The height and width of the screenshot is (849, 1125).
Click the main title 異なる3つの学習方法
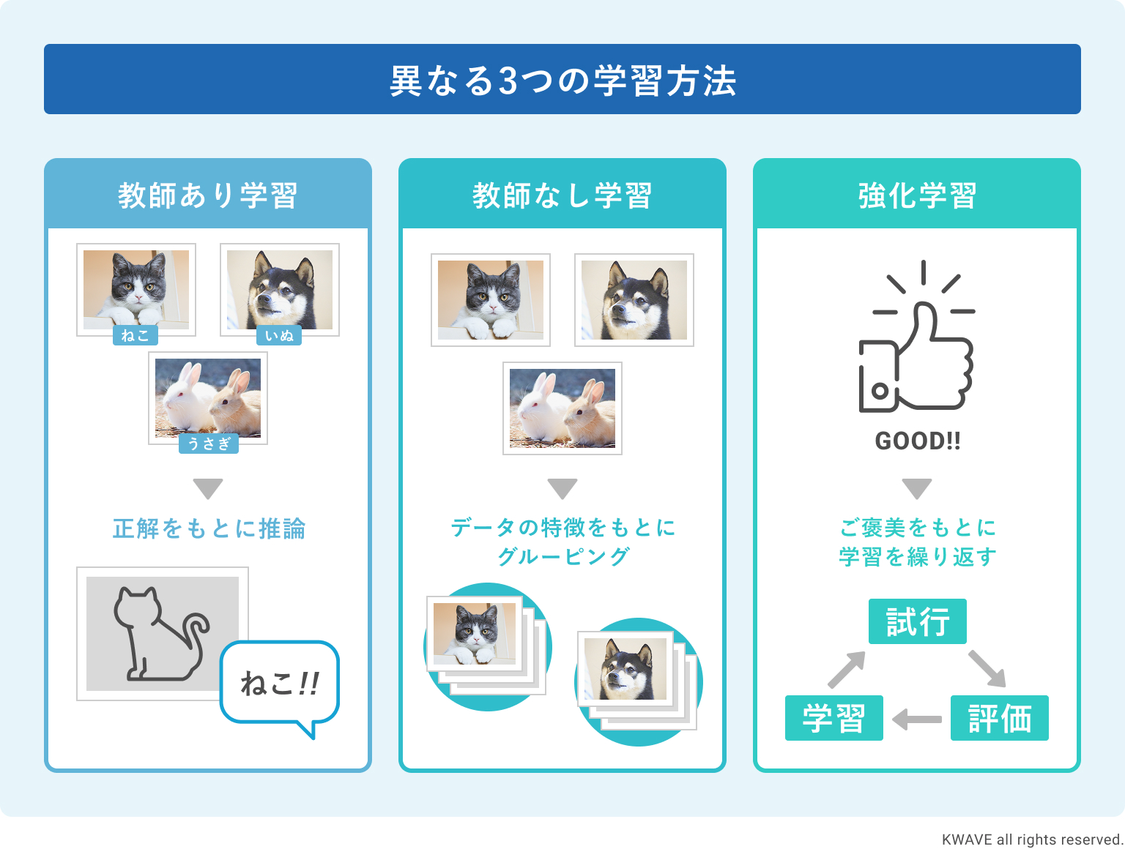[x=562, y=80]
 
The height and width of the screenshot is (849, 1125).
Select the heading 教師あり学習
[x=208, y=195]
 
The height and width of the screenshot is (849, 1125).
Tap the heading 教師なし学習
[x=562, y=195]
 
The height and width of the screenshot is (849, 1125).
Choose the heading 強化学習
[x=917, y=195]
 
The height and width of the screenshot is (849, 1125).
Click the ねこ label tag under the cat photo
[x=135, y=335]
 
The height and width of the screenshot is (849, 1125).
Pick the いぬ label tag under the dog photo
[x=279, y=335]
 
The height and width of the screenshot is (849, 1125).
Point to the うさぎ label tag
[x=209, y=444]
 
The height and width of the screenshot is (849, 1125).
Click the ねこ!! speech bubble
[x=279, y=684]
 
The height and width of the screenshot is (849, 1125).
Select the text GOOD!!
[x=917, y=441]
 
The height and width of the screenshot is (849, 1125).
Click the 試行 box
[x=917, y=621]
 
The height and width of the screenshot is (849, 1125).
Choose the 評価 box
[x=999, y=718]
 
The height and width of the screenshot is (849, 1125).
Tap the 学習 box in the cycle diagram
[x=833, y=718]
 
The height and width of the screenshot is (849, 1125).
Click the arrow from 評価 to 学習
[x=917, y=719]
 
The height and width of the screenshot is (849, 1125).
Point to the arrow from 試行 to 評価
[x=987, y=668]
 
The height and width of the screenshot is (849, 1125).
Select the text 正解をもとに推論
[x=209, y=528]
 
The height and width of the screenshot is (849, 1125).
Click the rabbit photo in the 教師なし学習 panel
[x=562, y=408]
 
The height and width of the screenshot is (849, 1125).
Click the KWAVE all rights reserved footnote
[x=1032, y=839]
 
